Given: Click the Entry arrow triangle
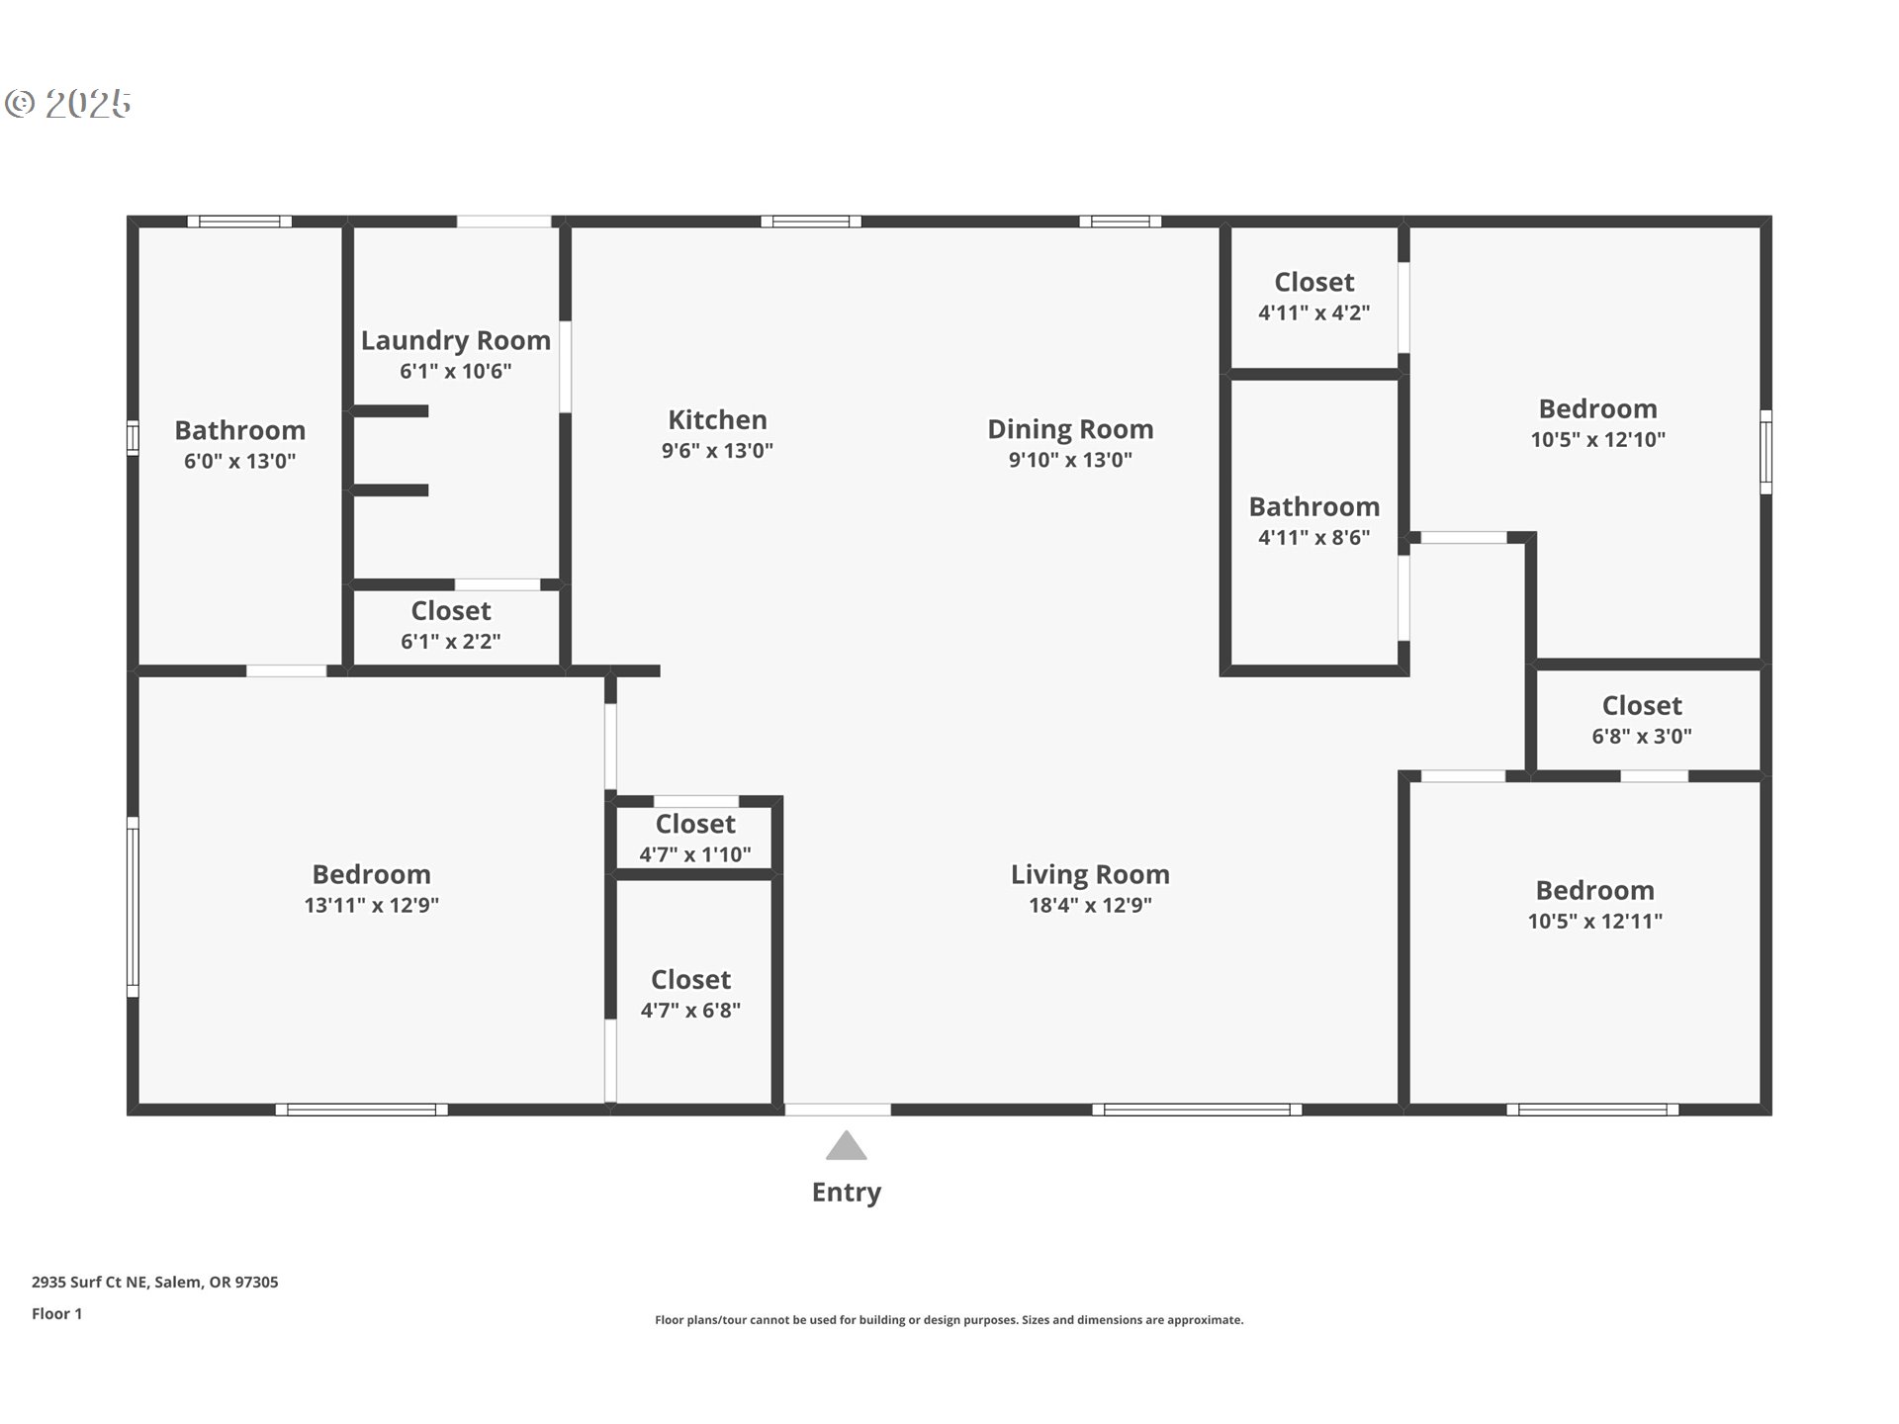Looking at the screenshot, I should pyautogui.click(x=847, y=1147).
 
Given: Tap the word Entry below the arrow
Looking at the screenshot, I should pyautogui.click(x=847, y=1193).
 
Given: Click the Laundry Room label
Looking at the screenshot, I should pyautogui.click(x=456, y=340).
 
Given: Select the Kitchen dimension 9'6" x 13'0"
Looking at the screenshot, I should pyautogui.click(x=717, y=451).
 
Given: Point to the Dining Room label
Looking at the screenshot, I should pyautogui.click(x=1070, y=429).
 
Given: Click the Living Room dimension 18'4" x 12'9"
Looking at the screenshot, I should pyautogui.click(x=1090, y=905).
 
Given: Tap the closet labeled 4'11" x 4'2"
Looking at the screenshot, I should pyautogui.click(x=1313, y=297).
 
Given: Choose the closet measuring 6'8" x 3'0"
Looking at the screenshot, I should pyautogui.click(x=1642, y=720).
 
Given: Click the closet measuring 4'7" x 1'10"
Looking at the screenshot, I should pyautogui.click(x=695, y=839).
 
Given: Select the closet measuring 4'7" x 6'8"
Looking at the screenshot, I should pyautogui.click(x=690, y=994).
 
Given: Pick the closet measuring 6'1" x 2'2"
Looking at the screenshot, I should pyautogui.click(x=451, y=625).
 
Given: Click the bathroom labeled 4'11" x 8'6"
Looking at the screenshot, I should pyautogui.click(x=1313, y=521).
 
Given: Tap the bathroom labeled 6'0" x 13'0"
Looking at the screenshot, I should pyautogui.click(x=239, y=445).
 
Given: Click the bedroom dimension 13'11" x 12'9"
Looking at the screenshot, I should pyautogui.click(x=371, y=905).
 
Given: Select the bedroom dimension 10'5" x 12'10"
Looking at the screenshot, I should pyautogui.click(x=1597, y=440).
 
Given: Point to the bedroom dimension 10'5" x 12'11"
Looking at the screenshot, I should pyautogui.click(x=1594, y=922).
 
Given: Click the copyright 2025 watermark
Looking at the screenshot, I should pyautogui.click(x=69, y=104).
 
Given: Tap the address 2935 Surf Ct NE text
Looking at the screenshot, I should pyautogui.click(x=154, y=1282).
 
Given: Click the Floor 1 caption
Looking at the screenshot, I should pyautogui.click(x=56, y=1313).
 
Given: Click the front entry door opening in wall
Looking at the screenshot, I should pyautogui.click(x=838, y=1110).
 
